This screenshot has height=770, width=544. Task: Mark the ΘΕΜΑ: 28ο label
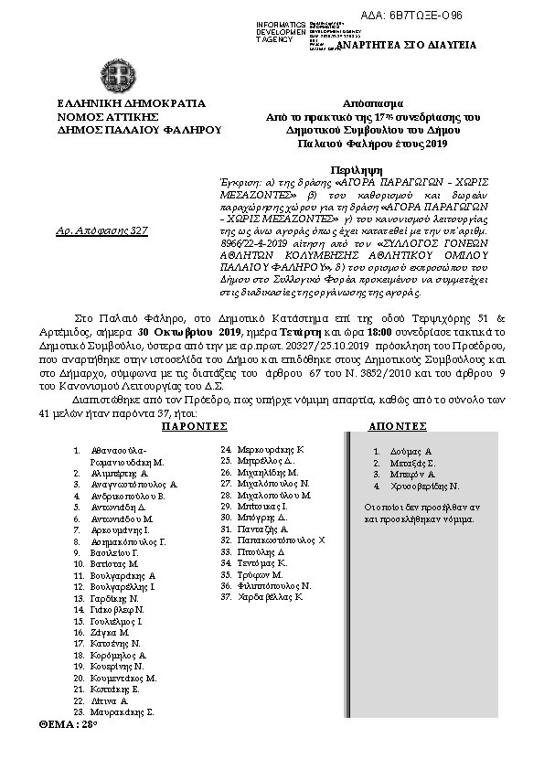(68, 722)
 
